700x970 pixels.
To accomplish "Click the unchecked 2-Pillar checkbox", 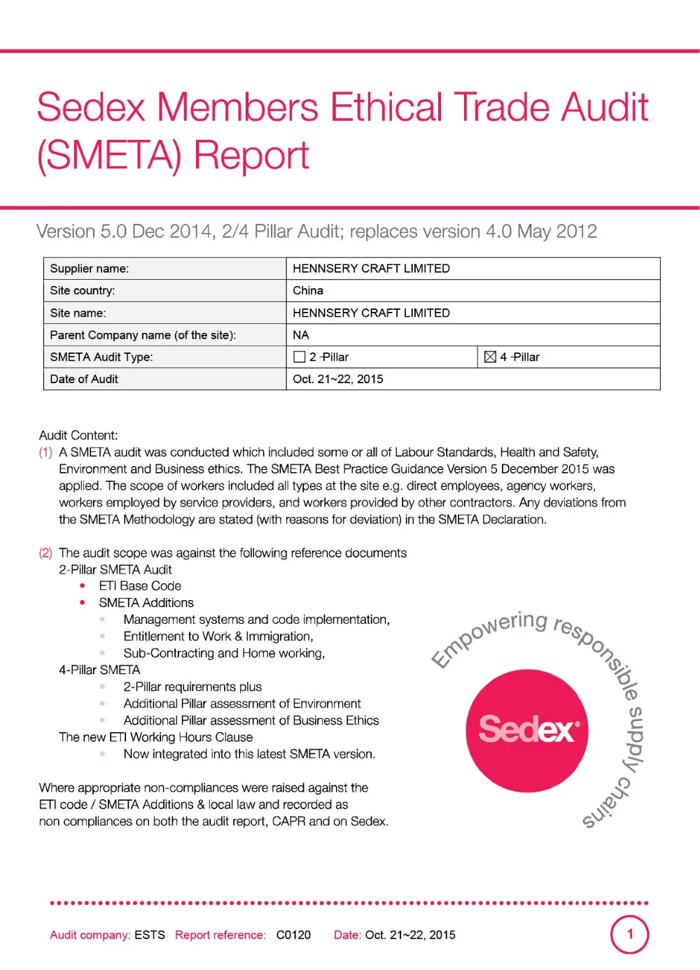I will [300, 357].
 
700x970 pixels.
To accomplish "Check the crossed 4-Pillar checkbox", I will [490, 357].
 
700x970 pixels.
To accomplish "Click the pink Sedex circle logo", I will [526, 731].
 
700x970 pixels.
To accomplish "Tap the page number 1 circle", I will [629, 934].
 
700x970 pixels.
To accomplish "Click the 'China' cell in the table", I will [308, 290].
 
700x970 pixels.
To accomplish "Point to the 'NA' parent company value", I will [301, 335].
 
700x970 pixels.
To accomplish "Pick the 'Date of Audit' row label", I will [84, 379].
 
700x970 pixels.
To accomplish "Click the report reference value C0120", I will [293, 935].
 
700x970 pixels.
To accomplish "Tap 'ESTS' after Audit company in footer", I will [150, 935].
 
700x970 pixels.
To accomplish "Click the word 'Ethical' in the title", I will [386, 108].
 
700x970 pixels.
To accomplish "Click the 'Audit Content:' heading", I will [78, 435].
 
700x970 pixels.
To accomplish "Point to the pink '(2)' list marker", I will [45, 553].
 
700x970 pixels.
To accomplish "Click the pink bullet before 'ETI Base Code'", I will [83, 586].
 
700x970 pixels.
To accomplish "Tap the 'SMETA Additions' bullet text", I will [146, 603].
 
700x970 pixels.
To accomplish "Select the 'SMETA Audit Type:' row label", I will [101, 357].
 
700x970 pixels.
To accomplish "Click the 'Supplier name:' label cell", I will [90, 269].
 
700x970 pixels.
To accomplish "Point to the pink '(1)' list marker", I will [45, 452].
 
